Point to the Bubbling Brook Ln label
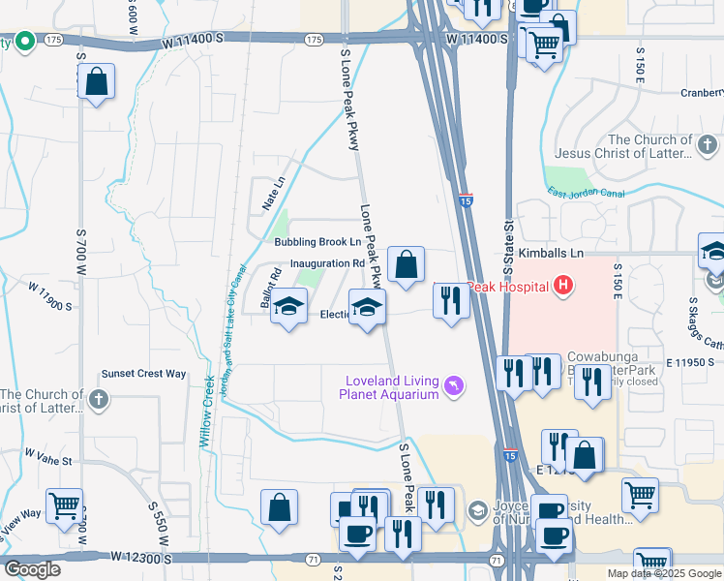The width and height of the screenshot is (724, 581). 317,242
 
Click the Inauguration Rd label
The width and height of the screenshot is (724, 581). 327,262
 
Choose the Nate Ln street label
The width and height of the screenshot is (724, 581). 274,194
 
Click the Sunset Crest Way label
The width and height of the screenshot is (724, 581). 144,374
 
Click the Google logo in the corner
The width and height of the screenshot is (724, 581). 32,569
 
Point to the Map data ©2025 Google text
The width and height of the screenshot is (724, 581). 664,573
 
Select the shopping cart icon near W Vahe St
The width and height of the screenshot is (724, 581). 64,505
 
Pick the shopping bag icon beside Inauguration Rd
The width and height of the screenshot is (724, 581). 406,263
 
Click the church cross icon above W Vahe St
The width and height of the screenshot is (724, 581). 99,398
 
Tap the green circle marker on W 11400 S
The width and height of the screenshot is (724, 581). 24,41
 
